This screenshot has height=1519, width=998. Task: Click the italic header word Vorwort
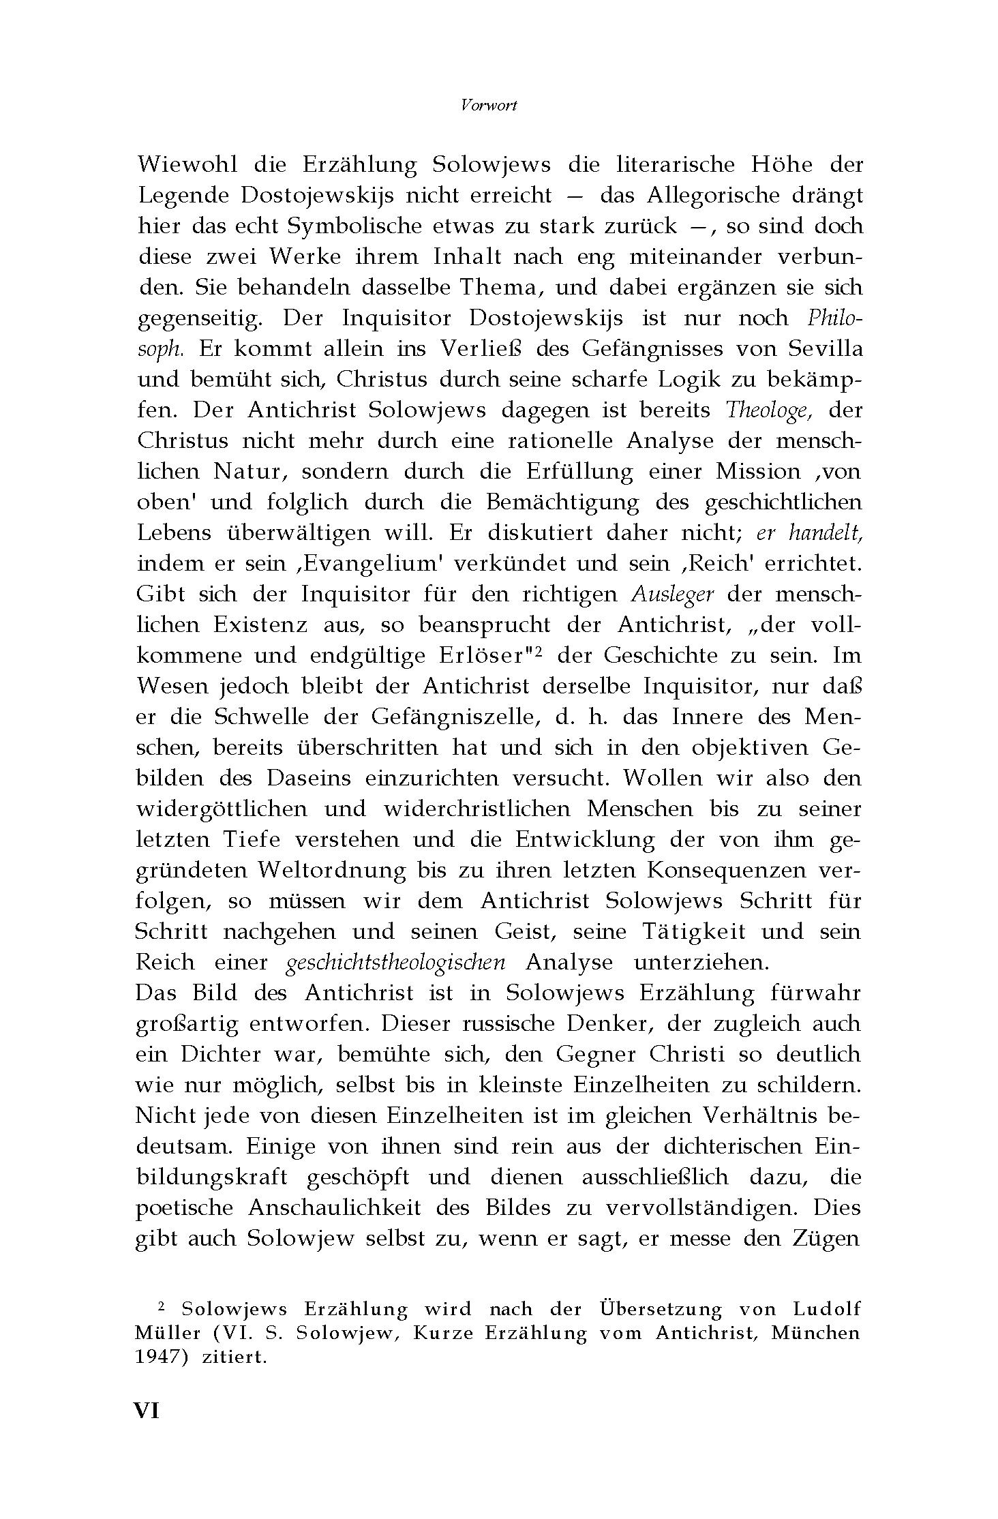point(488,105)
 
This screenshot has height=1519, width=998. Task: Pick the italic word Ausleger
point(672,594)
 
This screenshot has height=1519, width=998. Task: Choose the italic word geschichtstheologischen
point(396,962)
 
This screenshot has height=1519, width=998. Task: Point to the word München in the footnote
point(815,1333)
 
